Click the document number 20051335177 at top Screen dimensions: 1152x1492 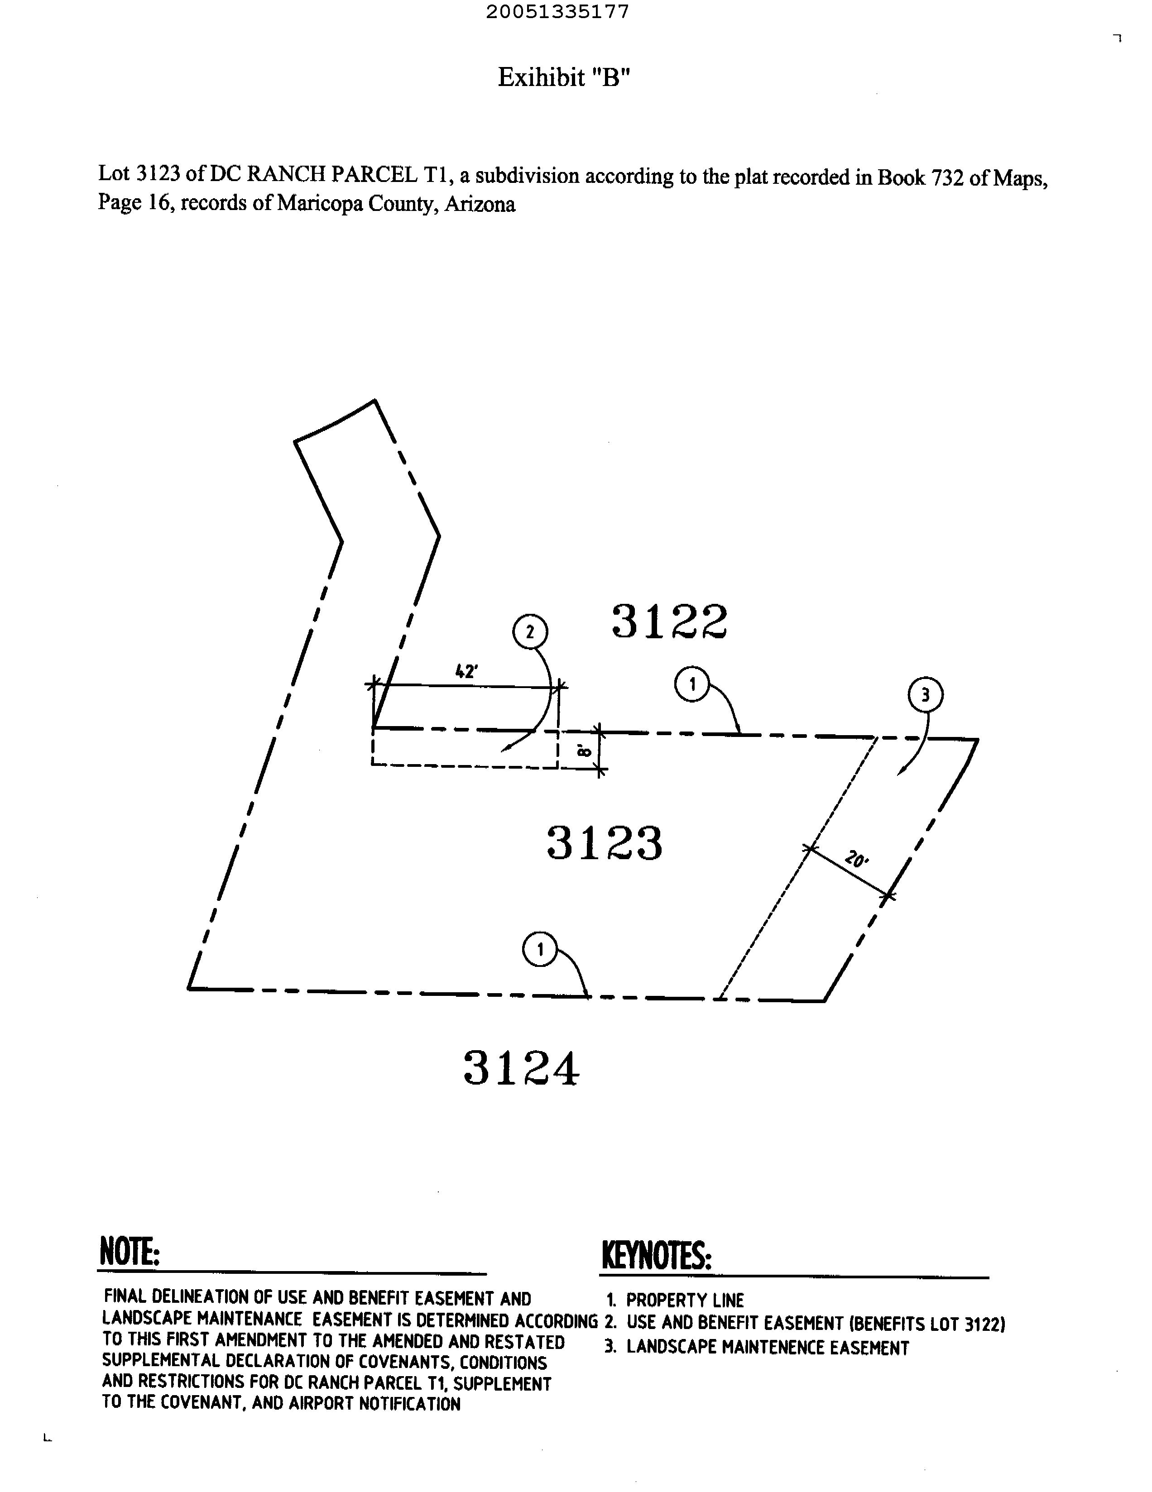point(557,12)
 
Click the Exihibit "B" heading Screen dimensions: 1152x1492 point(563,77)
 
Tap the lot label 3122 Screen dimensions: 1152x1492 point(670,622)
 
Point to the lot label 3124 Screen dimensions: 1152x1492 point(521,1068)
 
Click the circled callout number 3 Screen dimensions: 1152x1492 point(925,695)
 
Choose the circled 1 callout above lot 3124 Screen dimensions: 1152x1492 point(540,950)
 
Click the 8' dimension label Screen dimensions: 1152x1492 point(584,751)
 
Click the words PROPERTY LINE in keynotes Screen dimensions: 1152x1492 point(685,1300)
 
